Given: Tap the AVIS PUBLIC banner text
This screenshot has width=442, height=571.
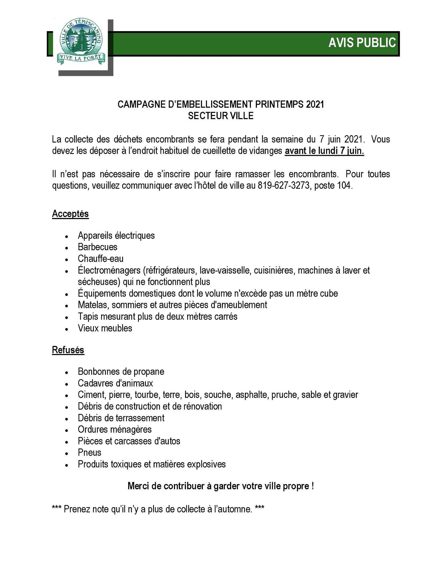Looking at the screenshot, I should coord(362,43).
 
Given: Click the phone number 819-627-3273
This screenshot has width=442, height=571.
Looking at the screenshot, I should coord(284,186).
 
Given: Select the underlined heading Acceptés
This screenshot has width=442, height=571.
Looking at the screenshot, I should coord(70,214).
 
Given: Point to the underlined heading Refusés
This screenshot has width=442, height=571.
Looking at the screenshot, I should coord(68,350).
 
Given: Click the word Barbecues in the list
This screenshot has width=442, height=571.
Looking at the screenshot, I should coord(98,247).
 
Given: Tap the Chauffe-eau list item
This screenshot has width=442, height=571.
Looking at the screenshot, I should coord(101,259).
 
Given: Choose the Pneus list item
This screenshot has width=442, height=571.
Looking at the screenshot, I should coord(90,452).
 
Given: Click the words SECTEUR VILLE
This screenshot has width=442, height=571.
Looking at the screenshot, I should coord(221,116).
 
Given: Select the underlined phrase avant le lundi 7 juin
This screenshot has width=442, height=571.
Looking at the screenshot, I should coord(324,151).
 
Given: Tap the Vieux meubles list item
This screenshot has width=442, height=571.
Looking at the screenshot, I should coord(105,328).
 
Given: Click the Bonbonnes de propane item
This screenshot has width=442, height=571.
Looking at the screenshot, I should coord(121,371).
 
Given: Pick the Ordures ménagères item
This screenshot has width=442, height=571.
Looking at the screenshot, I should coord(115,429).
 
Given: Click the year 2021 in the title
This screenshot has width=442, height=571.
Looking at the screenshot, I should coord(315,104).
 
